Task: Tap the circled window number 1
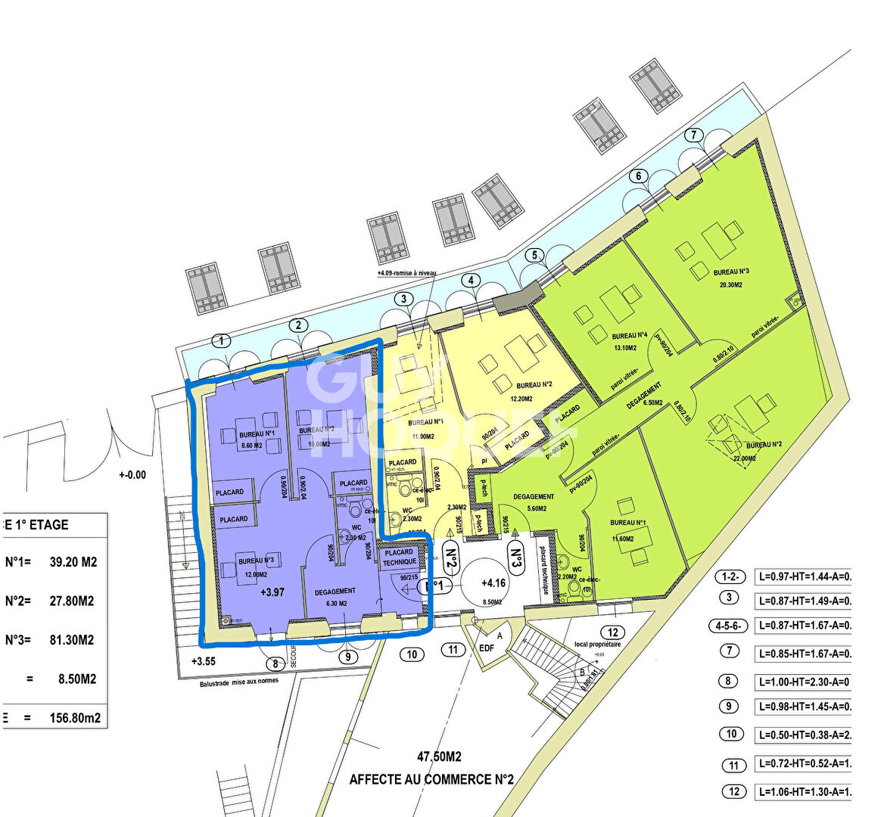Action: click(222, 340)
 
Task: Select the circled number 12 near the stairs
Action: click(612, 632)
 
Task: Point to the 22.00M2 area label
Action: click(745, 458)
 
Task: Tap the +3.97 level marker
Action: click(272, 592)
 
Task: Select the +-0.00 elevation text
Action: click(132, 475)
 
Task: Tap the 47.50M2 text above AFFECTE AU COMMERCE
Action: click(439, 756)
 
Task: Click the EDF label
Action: click(487, 648)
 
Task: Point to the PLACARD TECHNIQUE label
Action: click(399, 557)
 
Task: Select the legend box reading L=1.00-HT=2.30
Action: click(802, 682)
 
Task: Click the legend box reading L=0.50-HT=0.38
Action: click(802, 734)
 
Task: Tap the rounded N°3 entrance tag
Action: click(517, 561)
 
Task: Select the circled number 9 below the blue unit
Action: click(347, 657)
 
